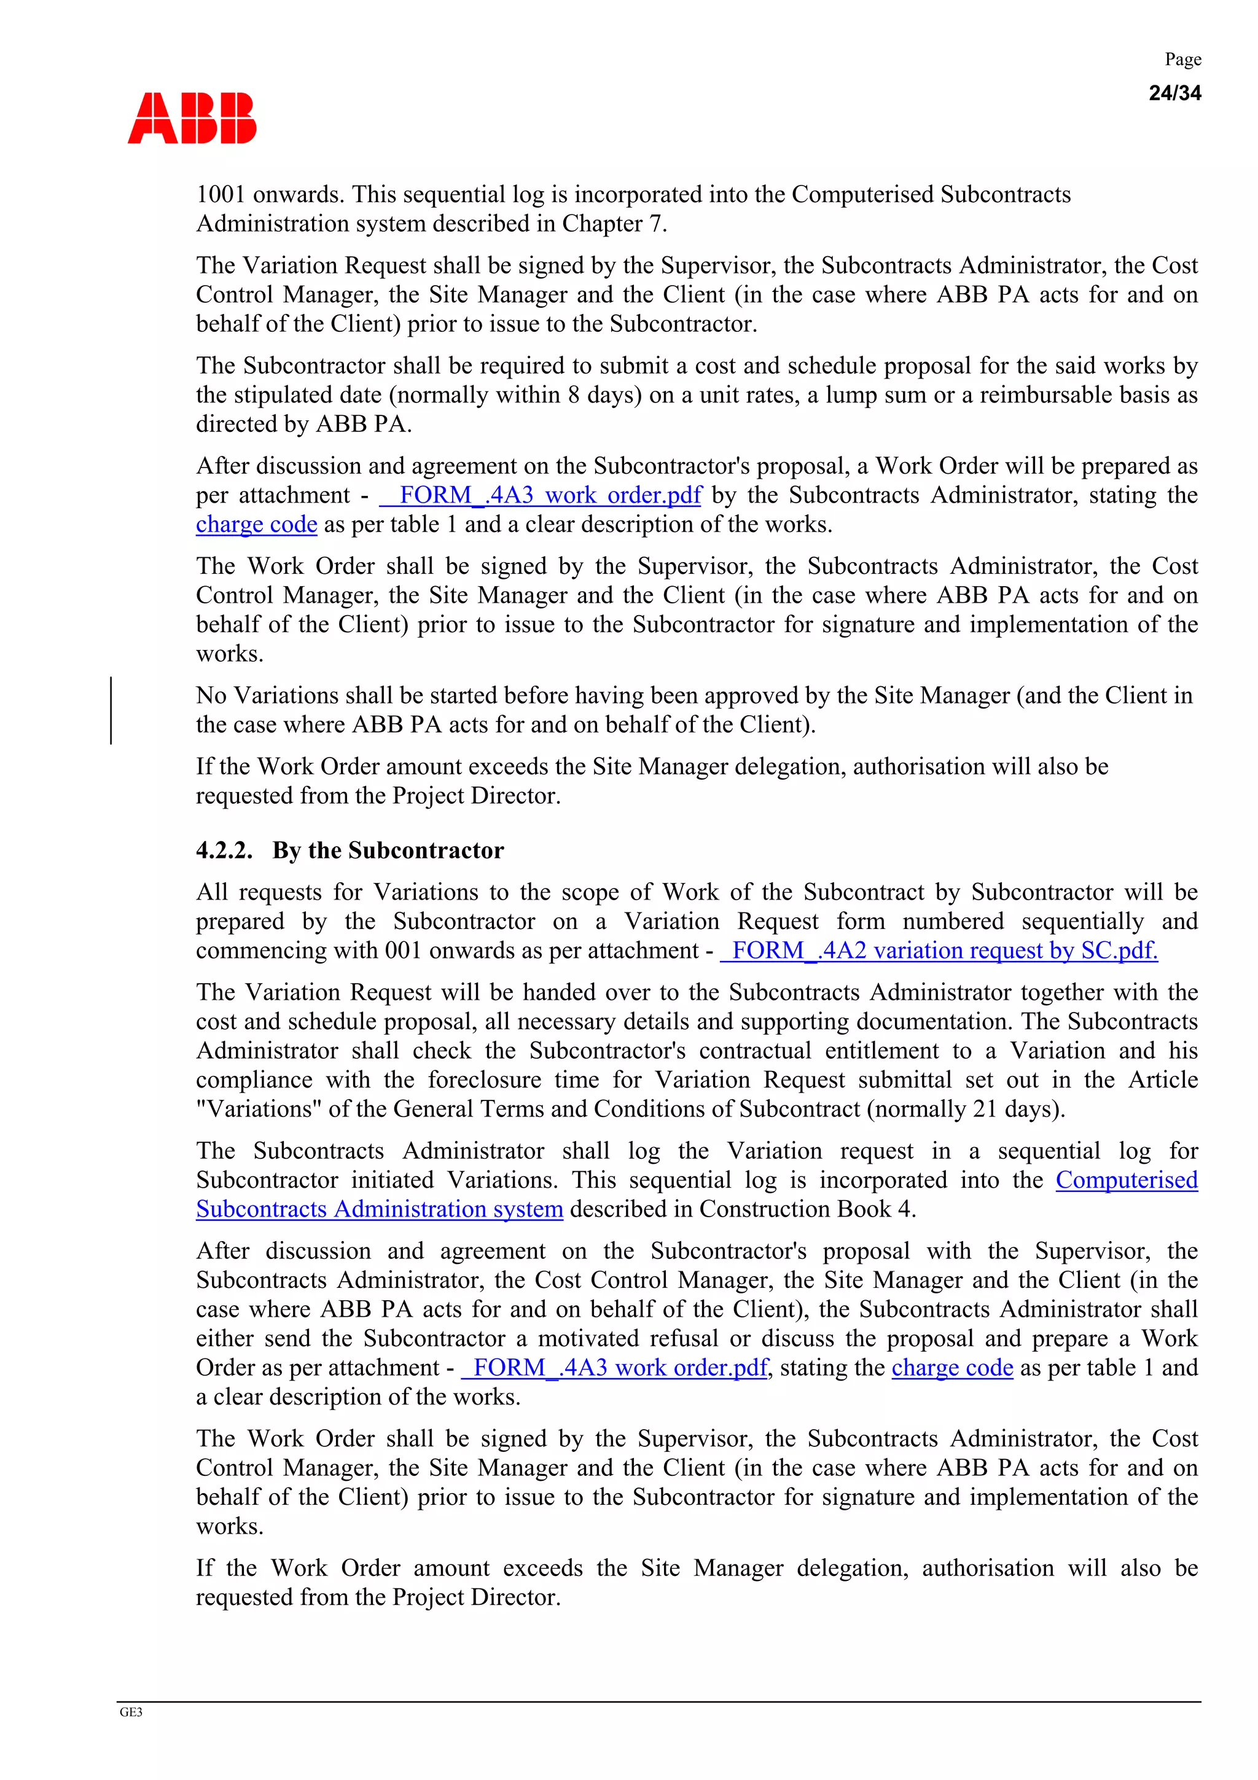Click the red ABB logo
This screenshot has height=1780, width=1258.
192,119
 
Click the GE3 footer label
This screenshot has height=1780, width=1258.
131,1712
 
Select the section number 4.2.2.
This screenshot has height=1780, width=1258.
224,850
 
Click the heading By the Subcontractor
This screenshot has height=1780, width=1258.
388,850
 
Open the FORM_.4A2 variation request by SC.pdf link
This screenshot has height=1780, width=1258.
939,951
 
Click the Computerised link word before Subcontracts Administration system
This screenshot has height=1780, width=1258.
1126,1180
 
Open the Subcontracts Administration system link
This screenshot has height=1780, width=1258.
379,1209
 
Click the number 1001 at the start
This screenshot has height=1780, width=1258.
221,195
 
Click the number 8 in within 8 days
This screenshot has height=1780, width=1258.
574,395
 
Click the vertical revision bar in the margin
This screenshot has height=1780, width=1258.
111,710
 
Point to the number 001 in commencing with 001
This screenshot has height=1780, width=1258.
403,951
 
